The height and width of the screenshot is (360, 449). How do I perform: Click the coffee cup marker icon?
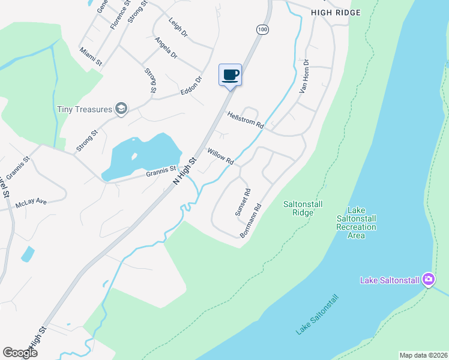231,75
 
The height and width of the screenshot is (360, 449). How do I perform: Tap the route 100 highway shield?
262,29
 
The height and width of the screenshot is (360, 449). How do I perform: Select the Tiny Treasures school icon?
121,109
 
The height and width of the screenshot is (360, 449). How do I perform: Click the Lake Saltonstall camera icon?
428,279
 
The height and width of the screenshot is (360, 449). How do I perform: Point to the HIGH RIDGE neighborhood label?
336,13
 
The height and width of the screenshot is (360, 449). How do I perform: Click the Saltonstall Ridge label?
303,208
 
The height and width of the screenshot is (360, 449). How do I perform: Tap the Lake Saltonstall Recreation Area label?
357,223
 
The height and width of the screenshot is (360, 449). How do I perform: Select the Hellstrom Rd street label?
245,120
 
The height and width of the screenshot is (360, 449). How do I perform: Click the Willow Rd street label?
220,157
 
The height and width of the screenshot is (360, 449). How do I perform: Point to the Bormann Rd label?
252,221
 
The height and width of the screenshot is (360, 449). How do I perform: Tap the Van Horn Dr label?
304,76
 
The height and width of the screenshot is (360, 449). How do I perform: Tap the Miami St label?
91,55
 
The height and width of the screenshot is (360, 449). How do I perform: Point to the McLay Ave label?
31,203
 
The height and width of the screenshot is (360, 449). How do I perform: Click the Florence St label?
120,14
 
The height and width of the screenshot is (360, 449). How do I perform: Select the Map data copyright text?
423,355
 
